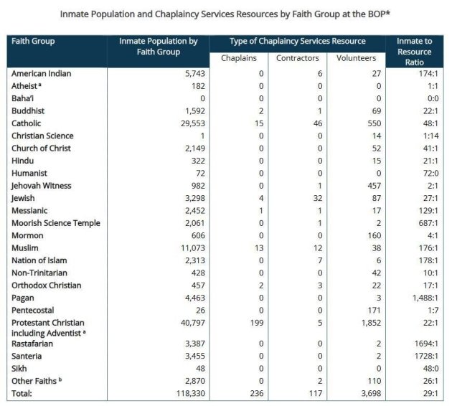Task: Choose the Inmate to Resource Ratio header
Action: pos(414,52)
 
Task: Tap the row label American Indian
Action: pos(41,73)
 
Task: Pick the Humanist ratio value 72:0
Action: pos(427,173)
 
